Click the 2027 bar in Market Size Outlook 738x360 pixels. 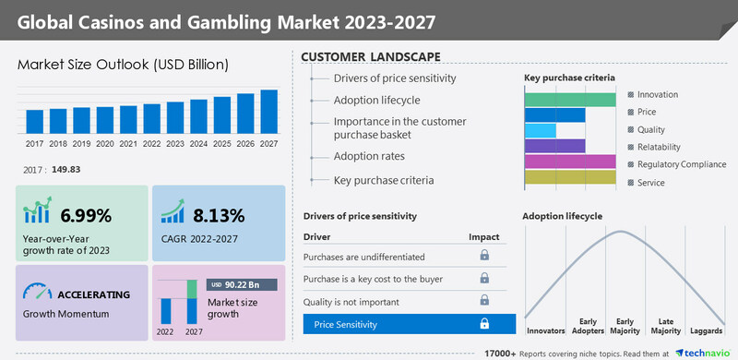(269, 112)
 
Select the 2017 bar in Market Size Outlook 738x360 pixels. (34, 122)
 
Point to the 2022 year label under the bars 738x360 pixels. (151, 144)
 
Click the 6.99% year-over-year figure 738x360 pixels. (86, 216)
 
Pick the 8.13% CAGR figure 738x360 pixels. (219, 216)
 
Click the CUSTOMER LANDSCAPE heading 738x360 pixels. (370, 57)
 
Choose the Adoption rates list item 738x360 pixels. (371, 156)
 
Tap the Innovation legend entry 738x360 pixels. (657, 94)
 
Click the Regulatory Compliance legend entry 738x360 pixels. (680, 163)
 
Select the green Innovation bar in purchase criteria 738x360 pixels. (570, 100)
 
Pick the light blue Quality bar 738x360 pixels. (541, 130)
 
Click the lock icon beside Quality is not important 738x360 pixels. (483, 300)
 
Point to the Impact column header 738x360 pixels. (482, 236)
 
